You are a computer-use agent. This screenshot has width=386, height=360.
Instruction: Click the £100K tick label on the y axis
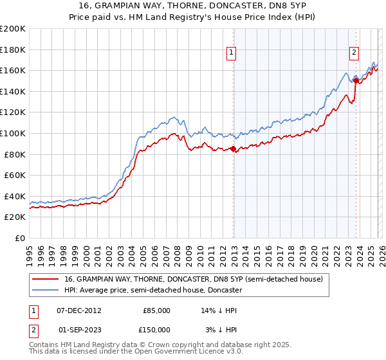(x=13, y=133)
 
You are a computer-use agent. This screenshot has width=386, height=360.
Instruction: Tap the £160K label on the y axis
(x=13, y=70)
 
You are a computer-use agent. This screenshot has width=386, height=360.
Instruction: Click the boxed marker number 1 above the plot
(x=232, y=53)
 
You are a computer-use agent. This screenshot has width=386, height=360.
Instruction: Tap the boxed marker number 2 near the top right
(x=354, y=53)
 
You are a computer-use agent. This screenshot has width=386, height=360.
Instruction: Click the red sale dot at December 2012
(x=233, y=149)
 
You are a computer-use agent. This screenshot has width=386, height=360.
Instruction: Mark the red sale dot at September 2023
(x=355, y=80)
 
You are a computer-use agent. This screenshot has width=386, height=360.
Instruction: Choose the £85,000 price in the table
(x=156, y=310)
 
